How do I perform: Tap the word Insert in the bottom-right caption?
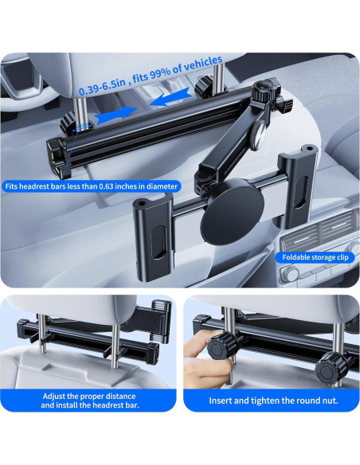(x=223, y=401)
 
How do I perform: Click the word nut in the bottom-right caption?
(x=328, y=401)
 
